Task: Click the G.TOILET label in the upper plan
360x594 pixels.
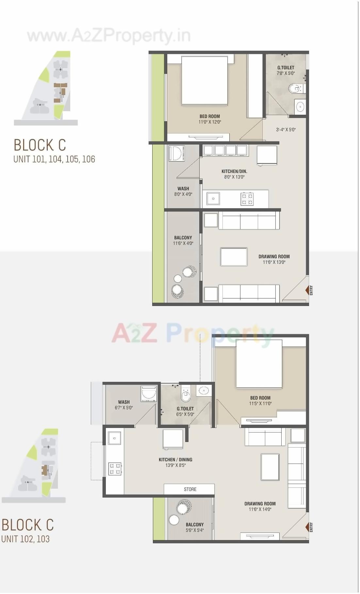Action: pyautogui.click(x=286, y=68)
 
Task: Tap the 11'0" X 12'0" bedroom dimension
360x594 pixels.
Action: pyautogui.click(x=210, y=122)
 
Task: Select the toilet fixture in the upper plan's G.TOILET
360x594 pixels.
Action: pyautogui.click(x=296, y=88)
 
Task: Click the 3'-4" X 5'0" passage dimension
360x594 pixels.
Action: pyautogui.click(x=286, y=129)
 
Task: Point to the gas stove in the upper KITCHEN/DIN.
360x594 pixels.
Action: pyautogui.click(x=247, y=199)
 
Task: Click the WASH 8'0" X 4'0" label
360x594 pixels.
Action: pyautogui.click(x=183, y=191)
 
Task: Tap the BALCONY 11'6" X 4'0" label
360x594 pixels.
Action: pyautogui.click(x=183, y=240)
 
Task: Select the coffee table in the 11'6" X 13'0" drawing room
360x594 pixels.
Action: pyautogui.click(x=234, y=257)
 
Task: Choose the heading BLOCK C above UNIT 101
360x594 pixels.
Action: pyautogui.click(x=40, y=145)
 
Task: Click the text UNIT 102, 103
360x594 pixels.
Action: pyautogui.click(x=25, y=539)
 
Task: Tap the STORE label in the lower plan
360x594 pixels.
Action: pyautogui.click(x=190, y=489)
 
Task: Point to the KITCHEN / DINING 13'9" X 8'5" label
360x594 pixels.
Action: pyautogui.click(x=175, y=462)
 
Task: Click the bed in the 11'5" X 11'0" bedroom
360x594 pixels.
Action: pyautogui.click(x=259, y=364)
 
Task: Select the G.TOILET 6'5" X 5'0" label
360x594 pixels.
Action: pyautogui.click(x=185, y=411)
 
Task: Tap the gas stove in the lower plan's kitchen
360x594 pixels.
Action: pyautogui.click(x=115, y=468)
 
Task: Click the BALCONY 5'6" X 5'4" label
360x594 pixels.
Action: pyautogui.click(x=195, y=527)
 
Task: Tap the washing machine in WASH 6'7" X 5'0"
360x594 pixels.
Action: pyautogui.click(x=149, y=394)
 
